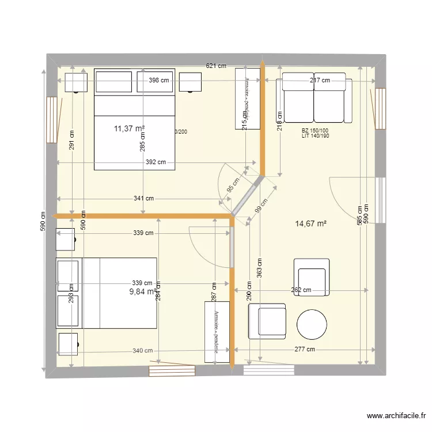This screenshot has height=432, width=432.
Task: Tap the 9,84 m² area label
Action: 143,291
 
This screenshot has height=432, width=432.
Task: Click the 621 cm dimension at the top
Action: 216,67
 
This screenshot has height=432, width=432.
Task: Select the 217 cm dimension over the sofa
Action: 320,81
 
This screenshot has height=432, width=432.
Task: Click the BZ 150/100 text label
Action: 314,131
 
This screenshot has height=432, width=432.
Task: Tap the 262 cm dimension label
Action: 301,290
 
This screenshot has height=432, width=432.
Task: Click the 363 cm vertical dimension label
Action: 260,266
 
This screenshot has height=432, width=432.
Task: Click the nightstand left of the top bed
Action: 75,82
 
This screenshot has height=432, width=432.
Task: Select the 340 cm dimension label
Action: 143,350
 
